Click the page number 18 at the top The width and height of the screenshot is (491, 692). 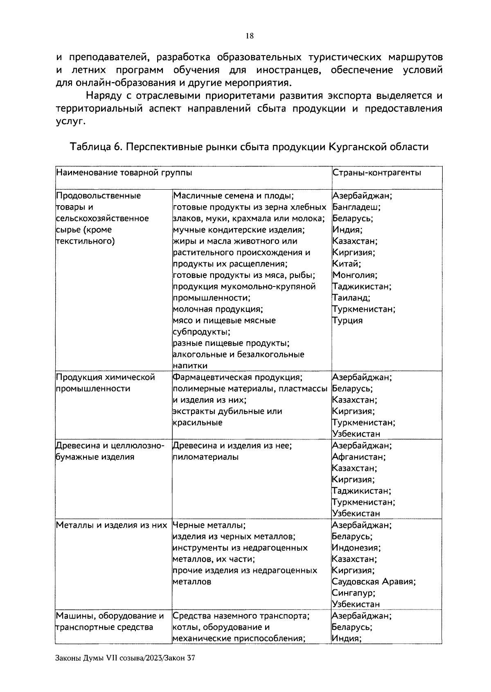[x=249, y=36]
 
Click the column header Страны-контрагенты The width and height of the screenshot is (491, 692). [x=376, y=172]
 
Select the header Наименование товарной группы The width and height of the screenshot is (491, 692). [x=124, y=172]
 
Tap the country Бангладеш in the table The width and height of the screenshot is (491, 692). [x=356, y=207]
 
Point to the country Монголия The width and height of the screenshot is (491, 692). [x=354, y=275]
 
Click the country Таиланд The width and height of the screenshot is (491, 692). [x=351, y=298]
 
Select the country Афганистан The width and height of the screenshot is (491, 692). [x=358, y=457]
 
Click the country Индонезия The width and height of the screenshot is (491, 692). [x=356, y=548]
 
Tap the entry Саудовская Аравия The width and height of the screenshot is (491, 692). [x=374, y=582]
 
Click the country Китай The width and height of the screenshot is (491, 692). [x=346, y=264]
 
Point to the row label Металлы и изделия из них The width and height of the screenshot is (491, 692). [x=111, y=525]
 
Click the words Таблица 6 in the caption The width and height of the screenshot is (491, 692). [x=95, y=147]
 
